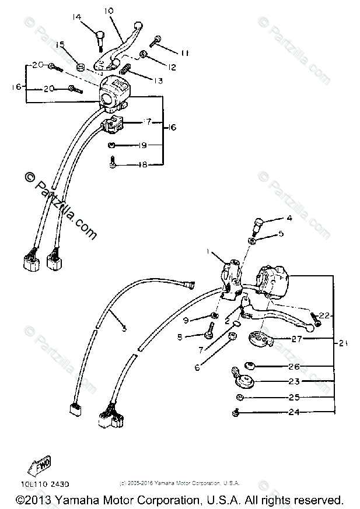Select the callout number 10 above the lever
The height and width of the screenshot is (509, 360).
(x=110, y=11)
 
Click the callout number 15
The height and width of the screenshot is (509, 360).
(x=60, y=45)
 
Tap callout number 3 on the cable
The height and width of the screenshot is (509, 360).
(x=124, y=329)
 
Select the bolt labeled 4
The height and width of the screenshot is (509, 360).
(x=257, y=224)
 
